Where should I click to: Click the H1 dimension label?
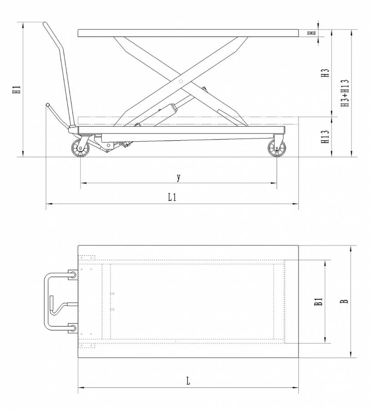tap(17, 89)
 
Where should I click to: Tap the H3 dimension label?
tap(325, 73)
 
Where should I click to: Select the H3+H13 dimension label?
tap(345, 93)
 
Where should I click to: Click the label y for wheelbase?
tap(178, 178)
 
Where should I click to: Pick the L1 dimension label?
tap(172, 197)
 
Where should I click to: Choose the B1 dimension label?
tap(319, 301)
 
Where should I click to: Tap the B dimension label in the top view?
tap(345, 301)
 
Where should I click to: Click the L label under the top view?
tap(188, 381)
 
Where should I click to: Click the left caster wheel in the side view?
tap(80, 148)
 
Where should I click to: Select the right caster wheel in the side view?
tap(277, 148)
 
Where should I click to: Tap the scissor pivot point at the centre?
tap(181, 82)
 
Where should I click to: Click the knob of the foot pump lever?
tap(47, 105)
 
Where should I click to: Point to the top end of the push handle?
tap(45, 24)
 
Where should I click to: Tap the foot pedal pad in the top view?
tap(51, 303)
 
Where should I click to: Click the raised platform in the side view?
tap(188, 33)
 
